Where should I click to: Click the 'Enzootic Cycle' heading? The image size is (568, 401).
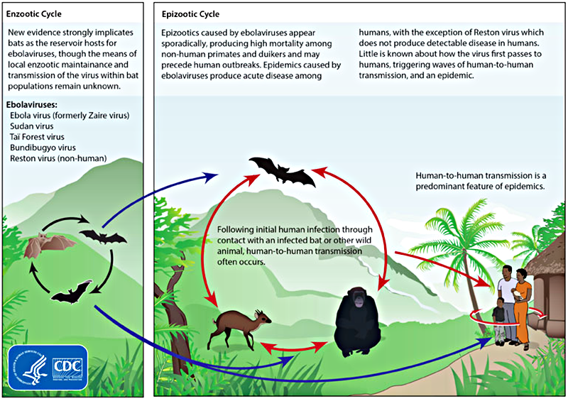tap(33, 14)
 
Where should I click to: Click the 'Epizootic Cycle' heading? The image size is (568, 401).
tap(190, 14)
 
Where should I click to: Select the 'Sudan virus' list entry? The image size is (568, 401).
tap(32, 126)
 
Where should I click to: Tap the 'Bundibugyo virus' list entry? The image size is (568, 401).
tap(43, 148)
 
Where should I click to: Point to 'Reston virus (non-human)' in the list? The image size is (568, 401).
tap(58, 158)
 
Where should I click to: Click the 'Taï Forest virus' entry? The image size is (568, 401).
tap(37, 137)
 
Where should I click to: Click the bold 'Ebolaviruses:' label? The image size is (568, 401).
tap(31, 105)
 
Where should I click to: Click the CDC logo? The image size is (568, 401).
tap(67, 368)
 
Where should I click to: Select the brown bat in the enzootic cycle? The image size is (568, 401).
tap(46, 245)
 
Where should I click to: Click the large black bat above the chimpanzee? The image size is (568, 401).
tap(283, 171)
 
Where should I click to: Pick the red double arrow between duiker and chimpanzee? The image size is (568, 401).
tap(294, 348)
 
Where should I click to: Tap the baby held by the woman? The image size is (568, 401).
tap(515, 294)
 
